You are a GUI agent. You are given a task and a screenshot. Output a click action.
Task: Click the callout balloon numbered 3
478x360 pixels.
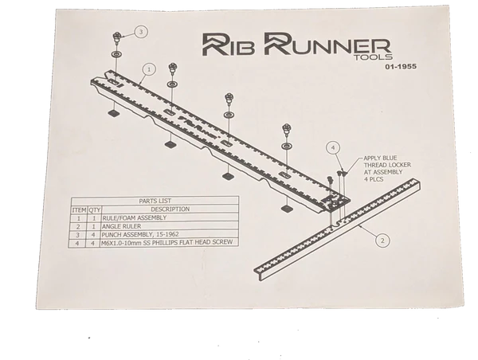pyautogui.click(x=142, y=32)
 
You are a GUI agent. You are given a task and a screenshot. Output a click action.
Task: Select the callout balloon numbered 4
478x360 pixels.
pyautogui.click(x=334, y=147)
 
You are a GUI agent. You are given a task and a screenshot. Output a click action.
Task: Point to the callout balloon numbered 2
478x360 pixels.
pyautogui.click(x=382, y=239)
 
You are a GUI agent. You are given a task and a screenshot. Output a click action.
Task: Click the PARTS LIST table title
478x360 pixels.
pyautogui.click(x=154, y=202)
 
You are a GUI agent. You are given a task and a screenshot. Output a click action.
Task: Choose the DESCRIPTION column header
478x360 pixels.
pyautogui.click(x=170, y=209)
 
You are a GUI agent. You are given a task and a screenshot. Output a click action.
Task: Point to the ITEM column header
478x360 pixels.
pyautogui.click(x=78, y=209)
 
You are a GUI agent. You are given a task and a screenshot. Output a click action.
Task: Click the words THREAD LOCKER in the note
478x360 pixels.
pyautogui.click(x=388, y=166)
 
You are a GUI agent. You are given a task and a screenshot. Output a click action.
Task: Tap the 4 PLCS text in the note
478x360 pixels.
pyautogui.click(x=374, y=181)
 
